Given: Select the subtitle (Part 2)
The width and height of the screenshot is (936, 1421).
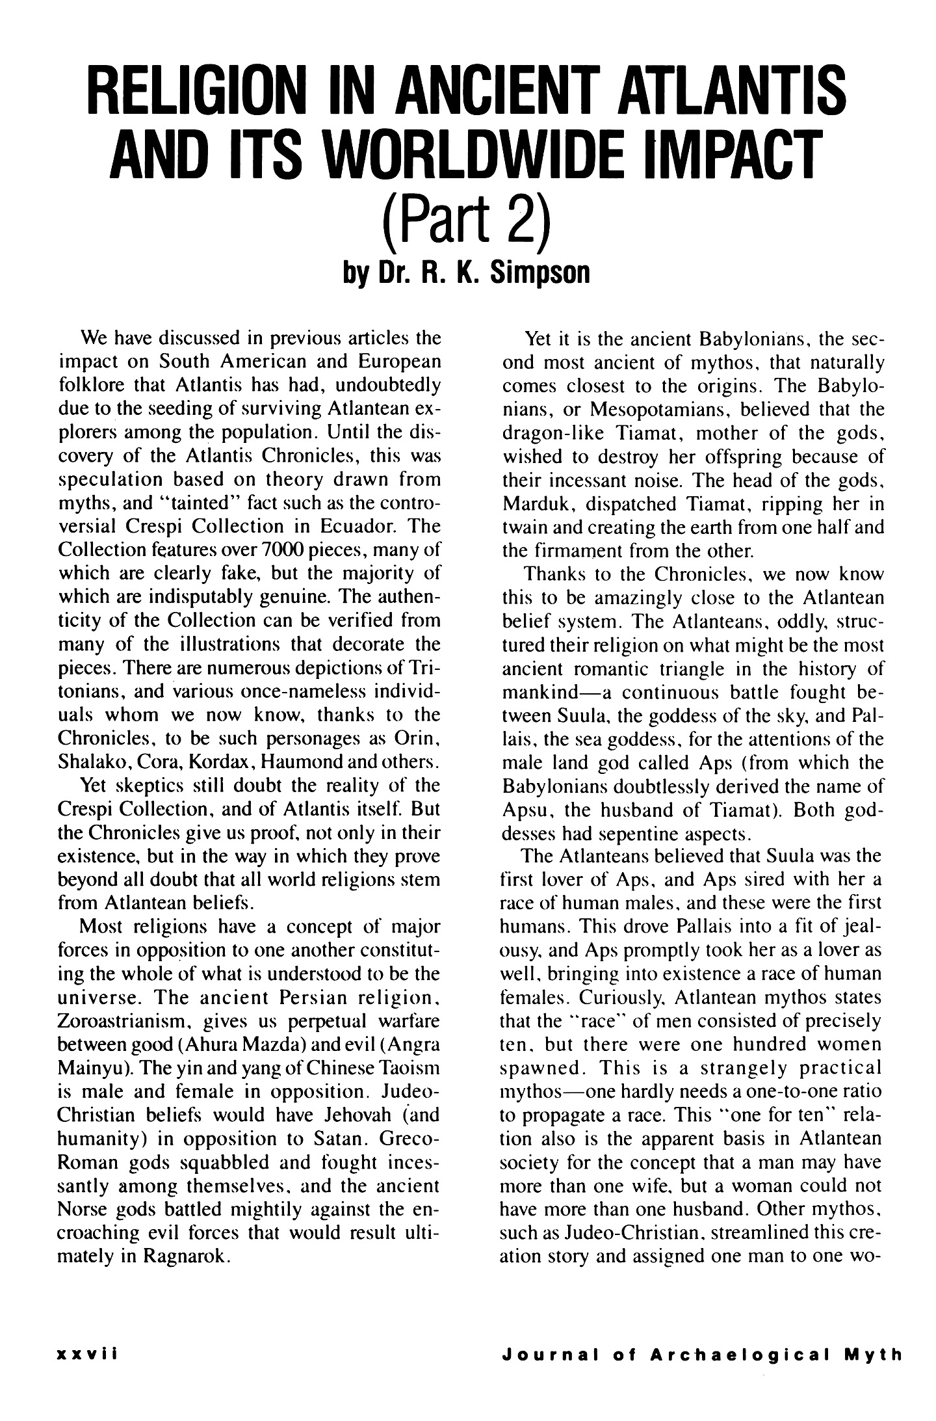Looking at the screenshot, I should (467, 224).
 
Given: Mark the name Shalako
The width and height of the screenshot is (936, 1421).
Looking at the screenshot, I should (94, 761).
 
